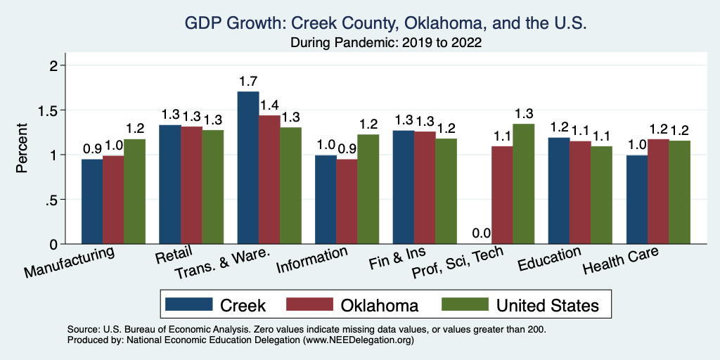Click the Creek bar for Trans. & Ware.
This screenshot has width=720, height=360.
248,168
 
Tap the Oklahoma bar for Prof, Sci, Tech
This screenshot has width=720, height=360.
502,195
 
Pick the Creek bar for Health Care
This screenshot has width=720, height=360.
636,200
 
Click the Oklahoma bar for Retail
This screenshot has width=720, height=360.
191,185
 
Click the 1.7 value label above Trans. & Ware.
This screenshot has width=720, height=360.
248,82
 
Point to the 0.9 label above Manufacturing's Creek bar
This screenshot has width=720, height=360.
92,149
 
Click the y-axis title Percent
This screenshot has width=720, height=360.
22,148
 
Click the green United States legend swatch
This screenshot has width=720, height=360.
464,304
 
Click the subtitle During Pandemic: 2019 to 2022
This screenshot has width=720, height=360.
385,42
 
